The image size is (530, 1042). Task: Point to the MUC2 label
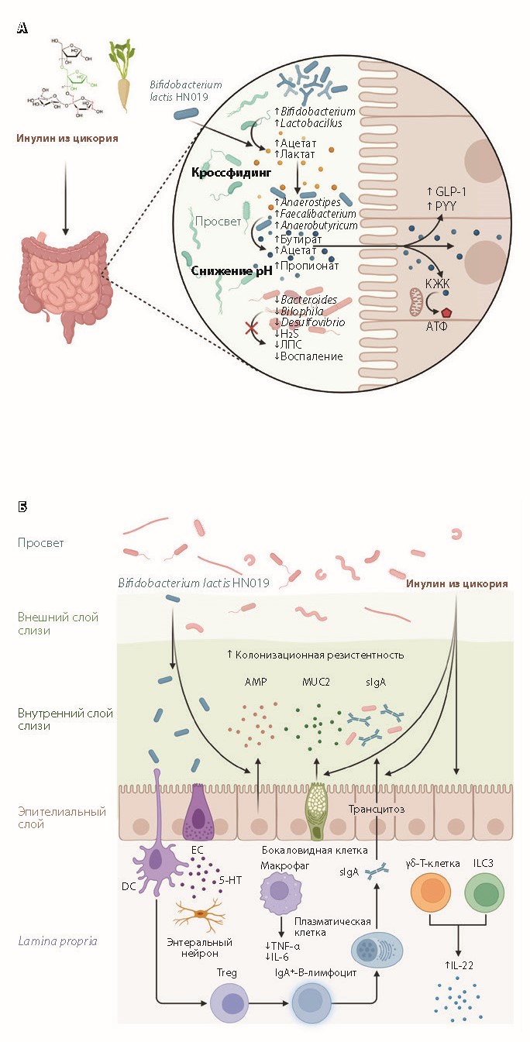[316, 683]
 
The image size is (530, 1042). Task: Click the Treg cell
[231, 1009]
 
